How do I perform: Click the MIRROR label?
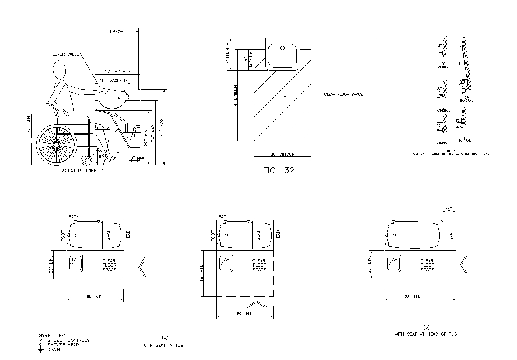click(116, 32)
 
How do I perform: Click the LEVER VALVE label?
click(66, 54)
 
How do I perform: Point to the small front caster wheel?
click(86, 160)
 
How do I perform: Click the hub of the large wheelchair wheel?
click(56, 144)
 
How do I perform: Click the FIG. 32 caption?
click(279, 170)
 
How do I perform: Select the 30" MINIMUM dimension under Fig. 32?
click(282, 155)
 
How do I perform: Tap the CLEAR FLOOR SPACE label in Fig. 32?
click(343, 95)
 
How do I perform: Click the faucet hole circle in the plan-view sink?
click(283, 49)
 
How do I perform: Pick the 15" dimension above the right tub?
click(449, 210)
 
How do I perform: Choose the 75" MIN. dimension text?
click(413, 297)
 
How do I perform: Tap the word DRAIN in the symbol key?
click(54, 349)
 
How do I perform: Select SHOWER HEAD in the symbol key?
click(63, 345)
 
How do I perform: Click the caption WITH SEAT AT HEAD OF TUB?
click(426, 334)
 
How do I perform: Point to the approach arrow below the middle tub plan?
click(256, 304)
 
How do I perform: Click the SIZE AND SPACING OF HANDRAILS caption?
click(450, 154)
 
